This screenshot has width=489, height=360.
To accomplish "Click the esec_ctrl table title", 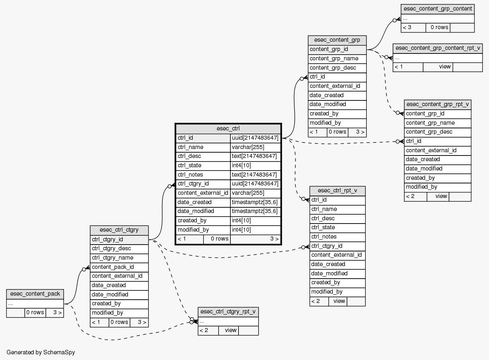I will pos(228,129).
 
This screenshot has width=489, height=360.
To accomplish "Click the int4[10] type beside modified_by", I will pos(241,230).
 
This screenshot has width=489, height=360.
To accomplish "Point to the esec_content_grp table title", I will pos(337,40).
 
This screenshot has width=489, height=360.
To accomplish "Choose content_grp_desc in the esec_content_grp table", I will pos(332,68).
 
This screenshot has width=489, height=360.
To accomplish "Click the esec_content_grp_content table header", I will pos(437,9).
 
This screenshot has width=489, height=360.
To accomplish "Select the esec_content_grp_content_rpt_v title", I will pos(438,48).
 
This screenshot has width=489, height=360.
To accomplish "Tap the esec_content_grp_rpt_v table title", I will pos(438,104).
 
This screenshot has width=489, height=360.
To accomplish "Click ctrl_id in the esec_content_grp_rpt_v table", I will pos(414,141).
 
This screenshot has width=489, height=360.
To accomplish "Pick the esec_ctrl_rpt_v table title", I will pos(338,191).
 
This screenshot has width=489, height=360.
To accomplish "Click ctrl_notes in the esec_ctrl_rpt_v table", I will pos(324,237).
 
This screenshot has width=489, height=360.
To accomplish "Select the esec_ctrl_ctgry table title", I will pos(119,230).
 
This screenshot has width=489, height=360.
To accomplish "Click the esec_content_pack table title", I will pos(35,294).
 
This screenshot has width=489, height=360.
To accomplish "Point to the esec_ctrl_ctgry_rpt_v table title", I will pos(228,311).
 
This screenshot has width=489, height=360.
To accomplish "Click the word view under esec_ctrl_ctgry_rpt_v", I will pos(231,330).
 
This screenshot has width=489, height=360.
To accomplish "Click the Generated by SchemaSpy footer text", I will pos(40,352).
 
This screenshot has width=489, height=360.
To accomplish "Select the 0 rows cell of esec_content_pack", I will pos(35,313).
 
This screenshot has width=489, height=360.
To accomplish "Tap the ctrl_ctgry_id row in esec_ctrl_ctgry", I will pos(108,240).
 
